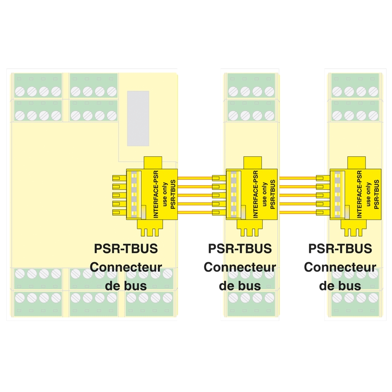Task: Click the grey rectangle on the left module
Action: click(x=138, y=118)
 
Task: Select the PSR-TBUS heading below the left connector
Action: click(x=126, y=248)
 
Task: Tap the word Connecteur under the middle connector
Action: click(x=240, y=268)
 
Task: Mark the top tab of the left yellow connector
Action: click(x=153, y=162)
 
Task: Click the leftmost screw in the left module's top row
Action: click(x=20, y=91)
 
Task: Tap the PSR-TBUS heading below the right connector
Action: click(x=340, y=248)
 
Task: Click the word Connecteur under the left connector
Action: click(x=126, y=268)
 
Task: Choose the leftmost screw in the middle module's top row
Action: click(x=233, y=91)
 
